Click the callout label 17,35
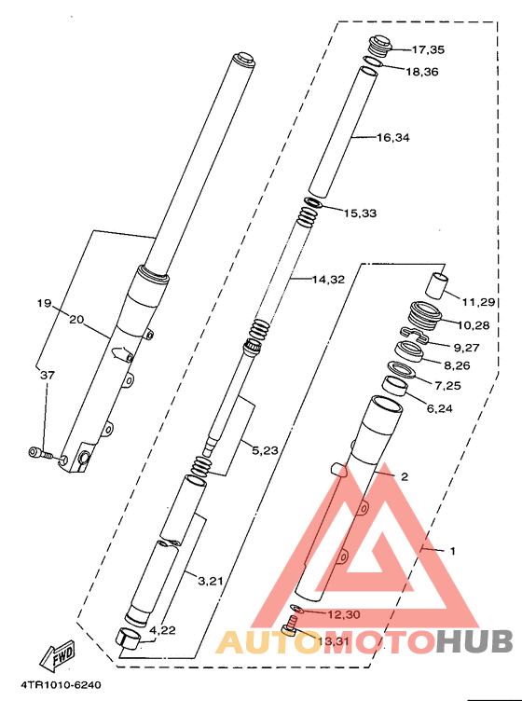428,49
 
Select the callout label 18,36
422,72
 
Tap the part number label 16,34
393,138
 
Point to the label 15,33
360,213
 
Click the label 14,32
328,280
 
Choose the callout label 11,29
478,303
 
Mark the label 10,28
474,325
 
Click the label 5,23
265,450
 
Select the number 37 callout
48,375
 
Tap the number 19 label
44,304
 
